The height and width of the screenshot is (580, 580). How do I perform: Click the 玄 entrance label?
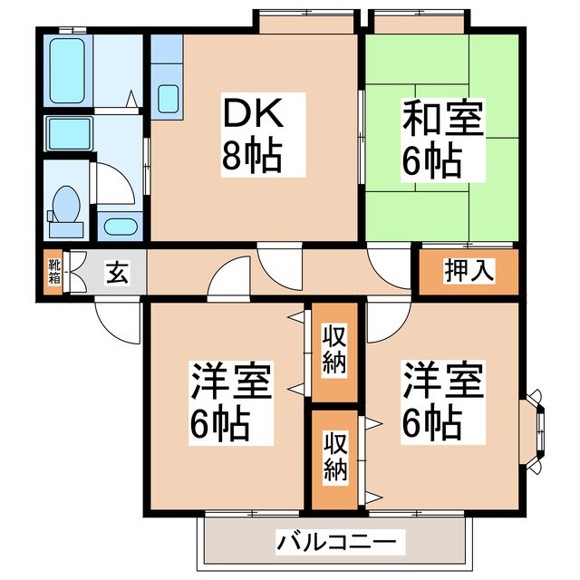pos(116,271)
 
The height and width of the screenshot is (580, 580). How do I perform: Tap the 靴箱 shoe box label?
pos(53,271)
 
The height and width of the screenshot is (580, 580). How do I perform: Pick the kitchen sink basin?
pos(168,98)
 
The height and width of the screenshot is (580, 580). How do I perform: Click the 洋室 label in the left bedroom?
pos(230,382)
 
